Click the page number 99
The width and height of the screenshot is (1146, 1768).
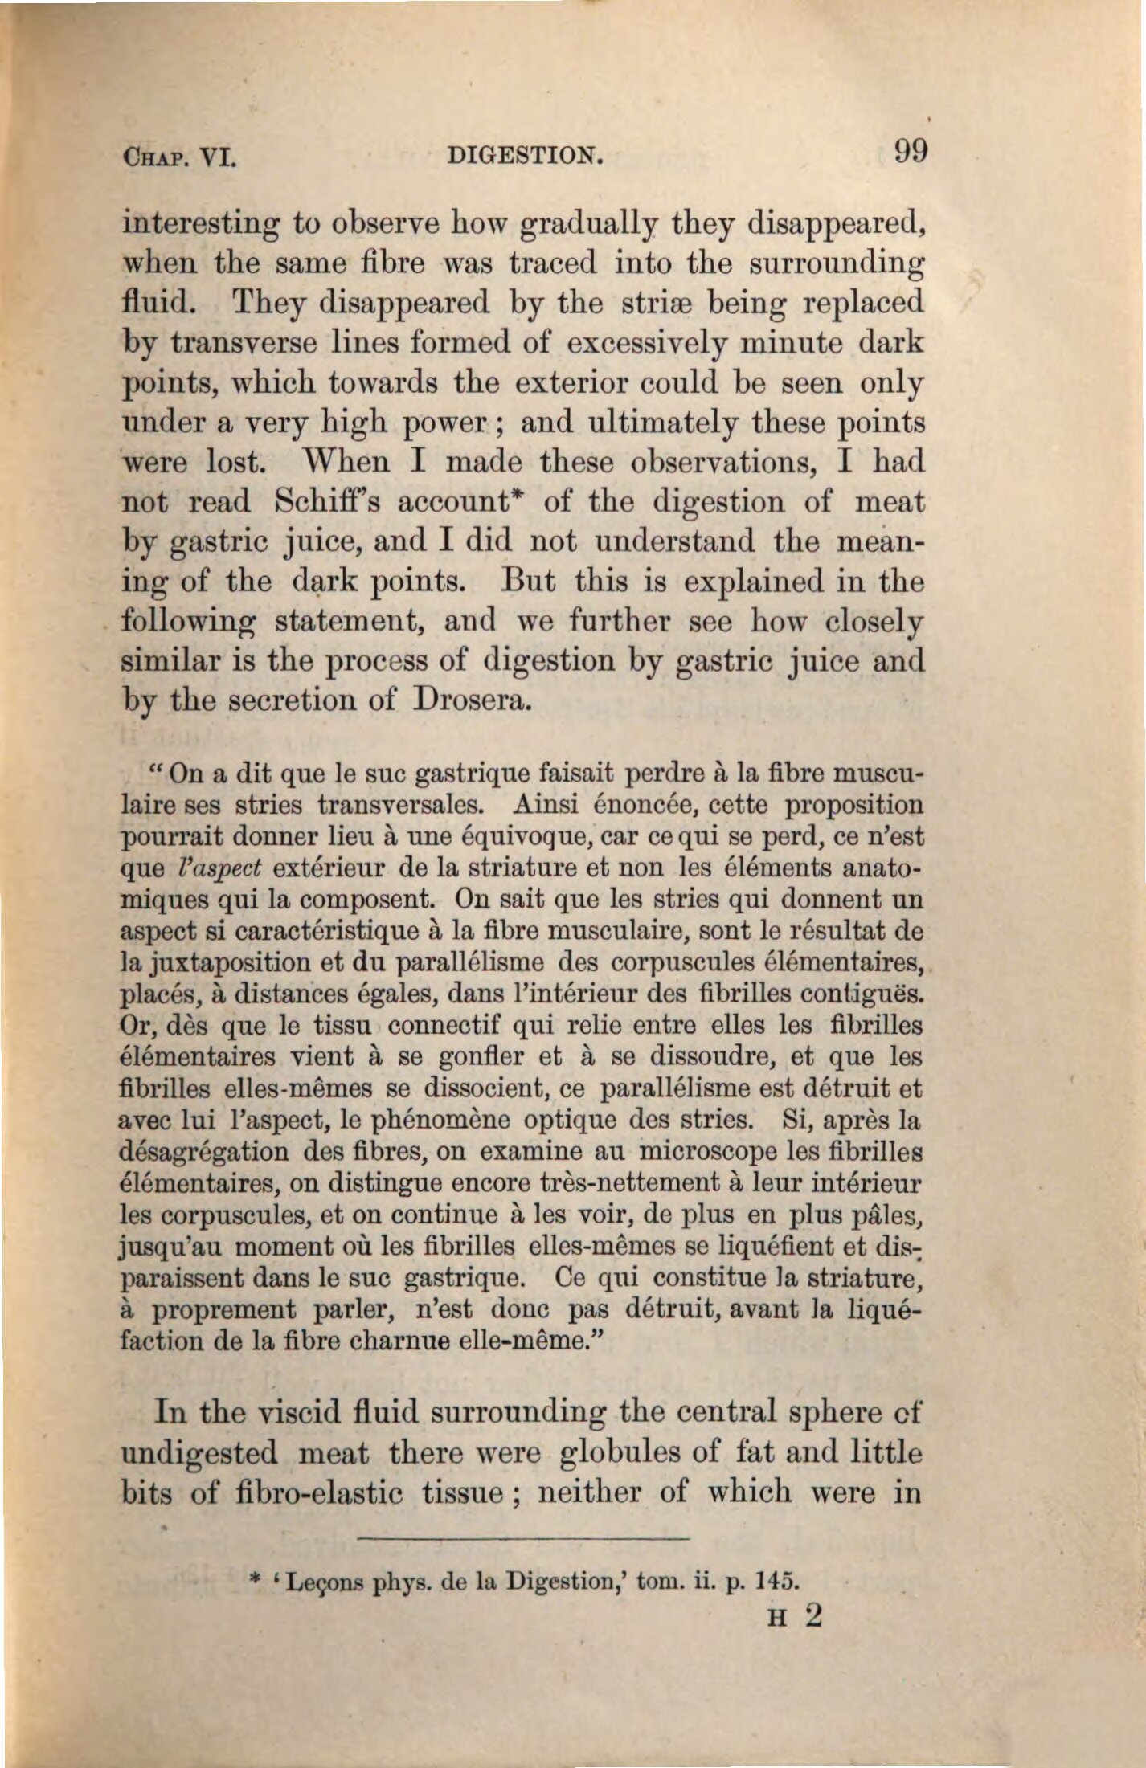[x=910, y=150]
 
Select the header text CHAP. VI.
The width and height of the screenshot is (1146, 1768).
[x=178, y=156]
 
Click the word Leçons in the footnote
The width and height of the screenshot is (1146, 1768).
[x=313, y=1582]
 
